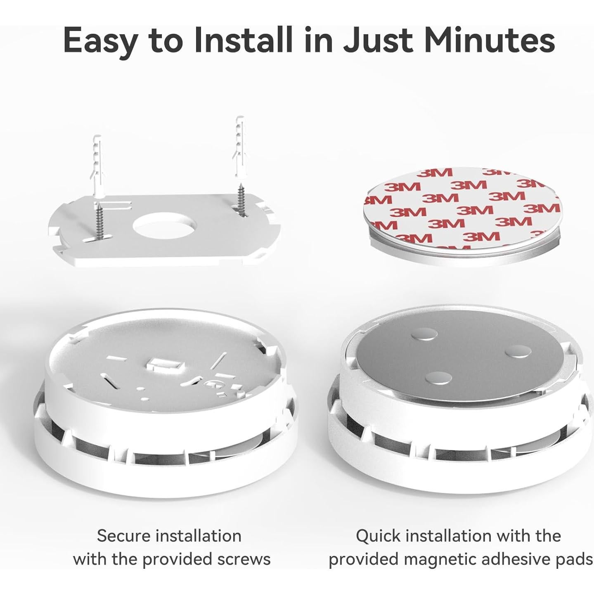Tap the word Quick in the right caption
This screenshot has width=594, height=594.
[x=378, y=536]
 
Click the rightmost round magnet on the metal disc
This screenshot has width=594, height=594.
[x=518, y=351]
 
